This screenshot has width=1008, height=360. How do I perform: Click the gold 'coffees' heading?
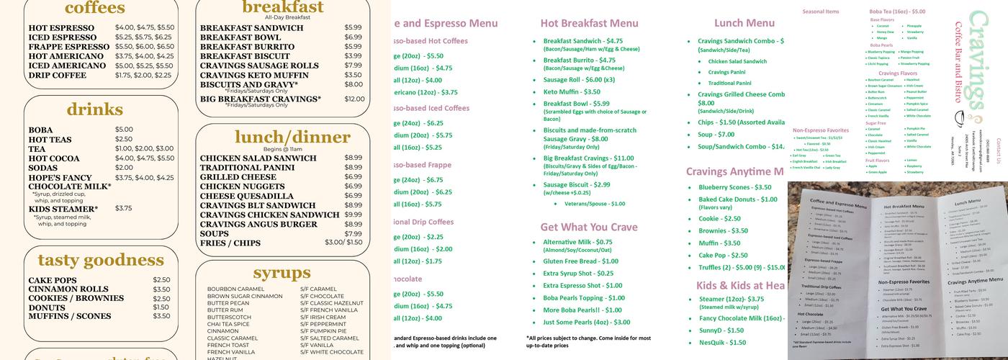(x=95, y=8)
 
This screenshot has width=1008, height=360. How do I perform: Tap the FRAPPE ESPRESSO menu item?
(x=69, y=47)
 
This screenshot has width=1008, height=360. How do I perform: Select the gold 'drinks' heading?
(x=95, y=109)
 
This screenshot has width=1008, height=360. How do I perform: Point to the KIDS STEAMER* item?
(x=63, y=209)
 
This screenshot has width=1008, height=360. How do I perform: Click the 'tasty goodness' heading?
(x=101, y=260)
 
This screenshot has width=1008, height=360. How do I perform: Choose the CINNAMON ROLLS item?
(x=68, y=289)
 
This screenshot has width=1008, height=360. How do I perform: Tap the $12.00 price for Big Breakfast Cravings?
(x=354, y=99)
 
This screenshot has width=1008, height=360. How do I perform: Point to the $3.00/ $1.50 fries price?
(x=343, y=243)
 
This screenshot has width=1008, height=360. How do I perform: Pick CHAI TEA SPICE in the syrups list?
(x=230, y=324)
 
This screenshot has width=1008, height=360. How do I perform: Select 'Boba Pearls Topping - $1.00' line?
(x=584, y=297)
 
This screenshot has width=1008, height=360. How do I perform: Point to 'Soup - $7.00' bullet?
(x=716, y=135)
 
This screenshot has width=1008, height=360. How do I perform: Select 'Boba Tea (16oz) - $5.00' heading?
(x=897, y=12)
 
